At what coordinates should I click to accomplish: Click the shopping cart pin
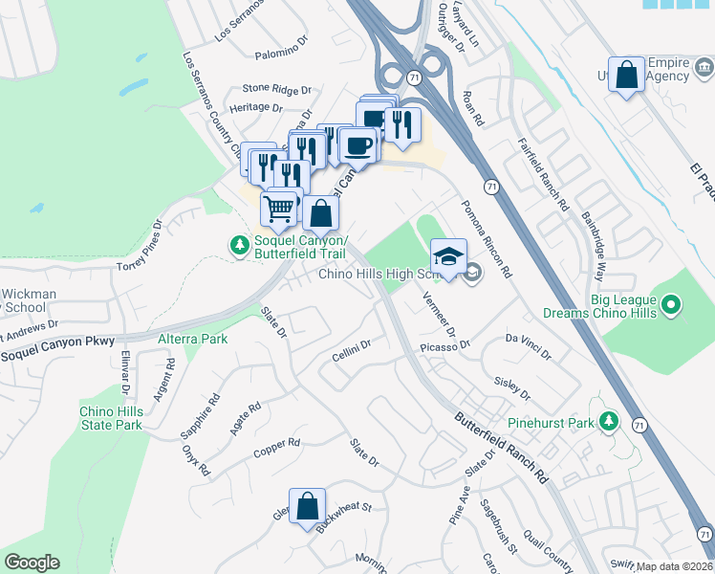(x=278, y=208)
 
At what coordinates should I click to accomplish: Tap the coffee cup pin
(x=358, y=145)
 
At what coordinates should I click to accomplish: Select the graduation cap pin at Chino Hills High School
(x=448, y=257)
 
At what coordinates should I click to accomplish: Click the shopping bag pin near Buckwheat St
(x=307, y=506)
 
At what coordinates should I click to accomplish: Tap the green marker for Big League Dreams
(x=671, y=305)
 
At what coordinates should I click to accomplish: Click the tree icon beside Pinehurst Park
(x=607, y=421)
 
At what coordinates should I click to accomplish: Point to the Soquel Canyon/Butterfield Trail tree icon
(x=238, y=246)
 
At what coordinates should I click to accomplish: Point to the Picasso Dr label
(x=445, y=346)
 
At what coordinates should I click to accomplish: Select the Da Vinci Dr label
(x=529, y=346)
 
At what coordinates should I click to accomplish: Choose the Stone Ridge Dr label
(x=277, y=89)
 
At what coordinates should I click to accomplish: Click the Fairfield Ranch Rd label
(x=543, y=174)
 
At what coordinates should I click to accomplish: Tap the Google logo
(x=32, y=563)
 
